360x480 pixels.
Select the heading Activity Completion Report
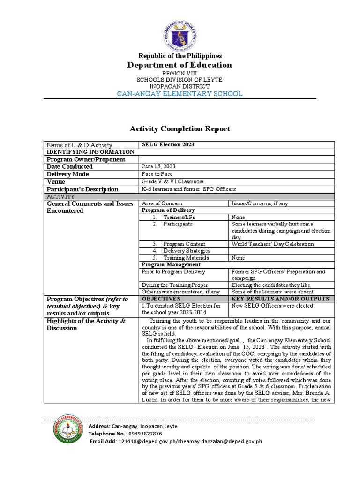(x=180, y=129)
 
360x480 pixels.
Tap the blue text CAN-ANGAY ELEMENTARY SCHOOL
(x=180, y=94)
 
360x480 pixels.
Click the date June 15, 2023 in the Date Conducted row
(x=158, y=166)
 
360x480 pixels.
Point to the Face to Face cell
(x=157, y=174)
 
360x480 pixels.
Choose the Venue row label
(x=56, y=182)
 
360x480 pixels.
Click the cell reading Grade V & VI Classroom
(x=173, y=182)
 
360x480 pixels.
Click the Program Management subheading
(x=167, y=265)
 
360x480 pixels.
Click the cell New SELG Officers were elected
(x=272, y=306)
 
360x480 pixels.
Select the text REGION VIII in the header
(x=180, y=74)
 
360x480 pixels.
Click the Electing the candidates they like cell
(x=270, y=285)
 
